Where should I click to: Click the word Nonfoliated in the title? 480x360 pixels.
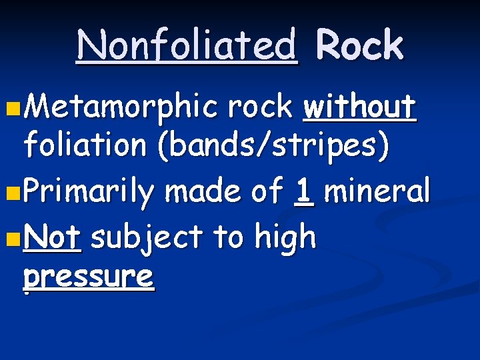coord(187,45)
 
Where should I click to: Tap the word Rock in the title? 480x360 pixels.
coord(359,45)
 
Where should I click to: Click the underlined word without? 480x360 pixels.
coord(360,107)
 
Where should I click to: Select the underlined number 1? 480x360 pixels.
coord(304,192)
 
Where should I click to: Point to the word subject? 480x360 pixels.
coord(146,238)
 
